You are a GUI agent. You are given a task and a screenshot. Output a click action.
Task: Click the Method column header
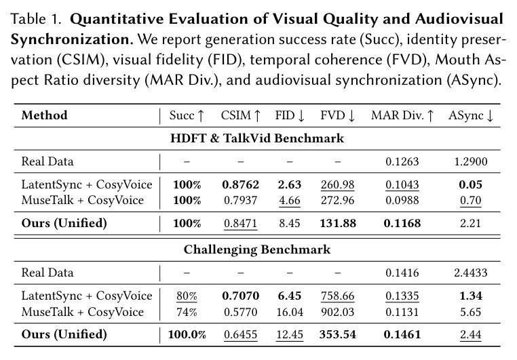(44, 115)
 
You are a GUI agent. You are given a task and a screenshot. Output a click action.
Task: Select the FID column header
(290, 116)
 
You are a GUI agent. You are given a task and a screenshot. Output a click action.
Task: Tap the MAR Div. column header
(402, 116)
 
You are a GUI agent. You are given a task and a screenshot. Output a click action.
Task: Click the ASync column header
(471, 116)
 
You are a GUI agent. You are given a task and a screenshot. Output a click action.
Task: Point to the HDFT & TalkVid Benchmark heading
(257, 138)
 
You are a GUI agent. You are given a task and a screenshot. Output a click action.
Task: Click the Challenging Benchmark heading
(257, 249)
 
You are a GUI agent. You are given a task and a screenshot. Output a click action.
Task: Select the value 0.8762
(240, 184)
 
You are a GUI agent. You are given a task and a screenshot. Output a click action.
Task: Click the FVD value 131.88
(338, 223)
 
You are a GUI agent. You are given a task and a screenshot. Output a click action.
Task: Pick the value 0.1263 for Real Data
(402, 162)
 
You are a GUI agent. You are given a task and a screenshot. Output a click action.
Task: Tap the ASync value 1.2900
(471, 162)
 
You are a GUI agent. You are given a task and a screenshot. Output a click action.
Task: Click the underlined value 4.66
(290, 200)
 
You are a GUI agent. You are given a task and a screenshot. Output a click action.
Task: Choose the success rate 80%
(187, 296)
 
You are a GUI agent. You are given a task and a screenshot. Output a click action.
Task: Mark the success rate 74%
(187, 312)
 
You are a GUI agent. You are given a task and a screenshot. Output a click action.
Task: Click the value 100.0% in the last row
(187, 335)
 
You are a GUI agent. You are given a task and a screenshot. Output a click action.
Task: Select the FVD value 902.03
(338, 312)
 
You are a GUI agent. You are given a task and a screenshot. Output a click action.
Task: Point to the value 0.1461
(402, 335)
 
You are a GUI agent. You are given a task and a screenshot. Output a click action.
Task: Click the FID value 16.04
(290, 312)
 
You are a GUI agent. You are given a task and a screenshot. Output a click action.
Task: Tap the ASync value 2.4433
(471, 273)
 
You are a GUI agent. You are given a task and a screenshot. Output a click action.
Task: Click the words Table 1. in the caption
(36, 19)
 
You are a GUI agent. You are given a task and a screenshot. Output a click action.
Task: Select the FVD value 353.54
(338, 335)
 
